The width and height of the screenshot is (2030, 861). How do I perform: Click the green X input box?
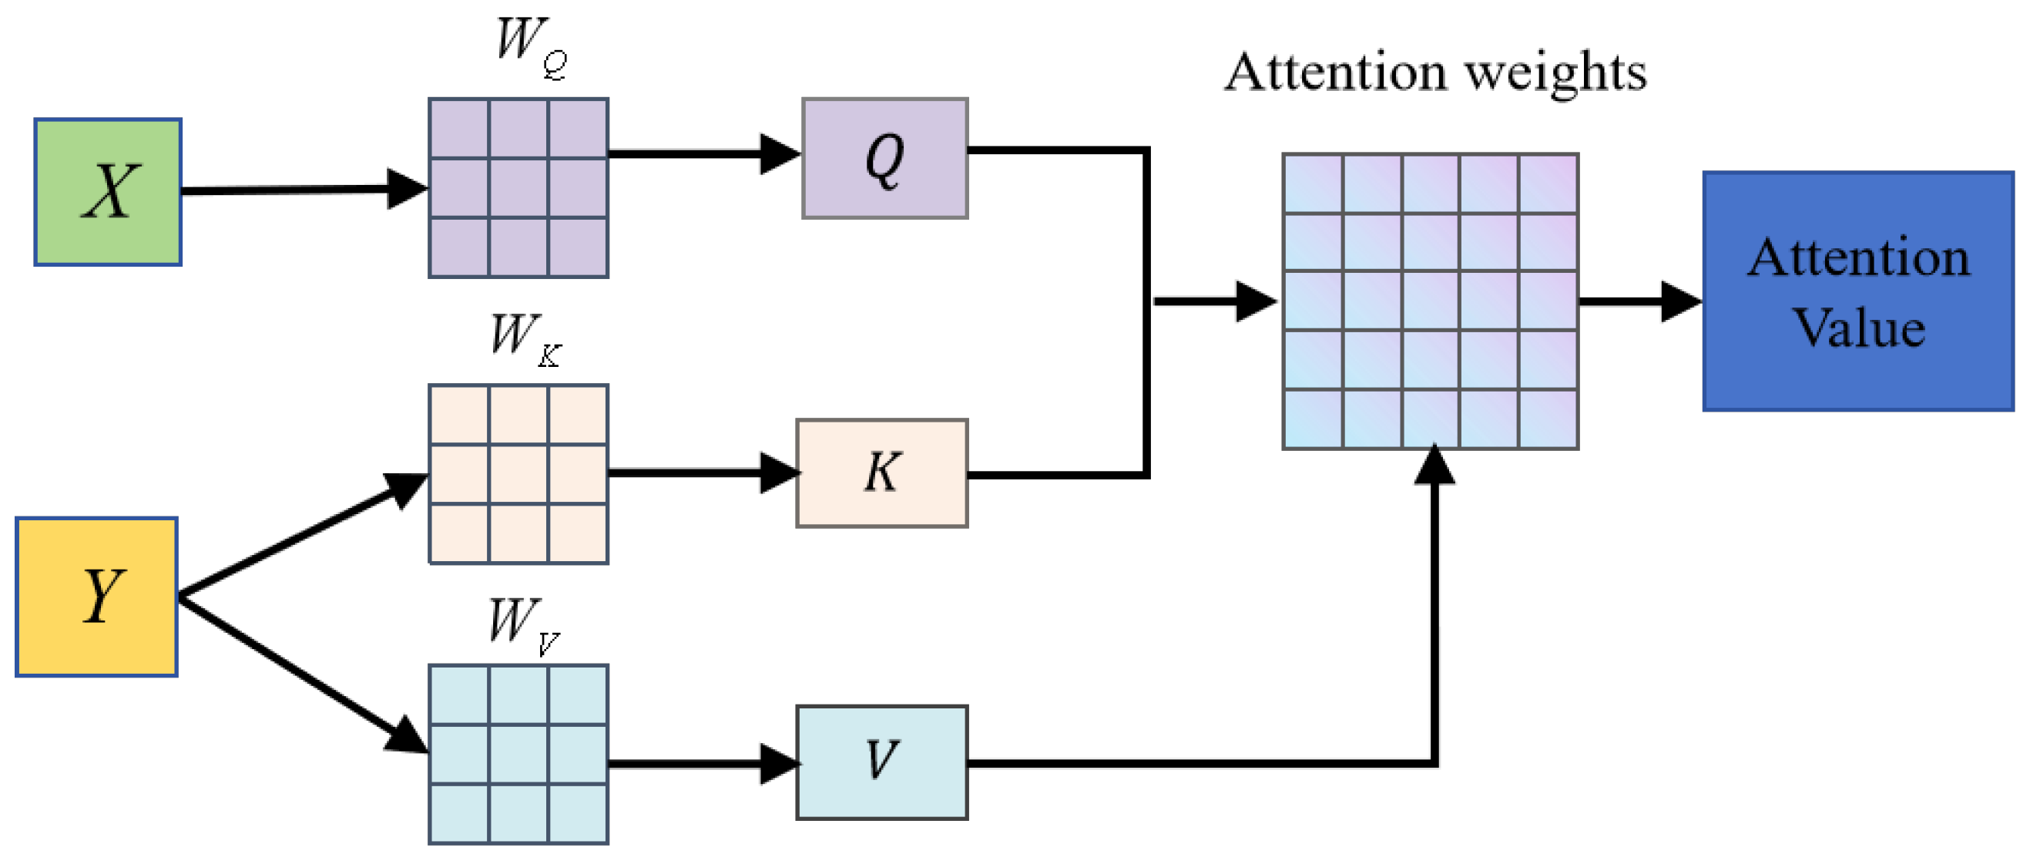(108, 192)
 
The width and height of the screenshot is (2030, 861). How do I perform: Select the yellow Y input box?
(96, 596)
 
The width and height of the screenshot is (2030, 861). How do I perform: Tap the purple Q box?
(884, 158)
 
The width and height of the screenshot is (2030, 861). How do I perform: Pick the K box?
(882, 473)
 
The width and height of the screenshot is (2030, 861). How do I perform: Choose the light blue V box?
(882, 762)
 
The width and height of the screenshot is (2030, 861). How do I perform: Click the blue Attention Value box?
(1857, 291)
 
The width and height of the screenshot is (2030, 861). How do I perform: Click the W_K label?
(524, 339)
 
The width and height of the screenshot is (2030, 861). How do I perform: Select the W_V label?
(522, 625)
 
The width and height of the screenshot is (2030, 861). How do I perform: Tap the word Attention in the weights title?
(1336, 72)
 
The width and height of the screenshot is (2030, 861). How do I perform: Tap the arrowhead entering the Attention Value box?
(1680, 301)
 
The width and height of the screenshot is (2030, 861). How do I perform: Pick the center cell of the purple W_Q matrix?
(518, 187)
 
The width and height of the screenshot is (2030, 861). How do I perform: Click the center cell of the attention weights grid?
(1431, 301)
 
